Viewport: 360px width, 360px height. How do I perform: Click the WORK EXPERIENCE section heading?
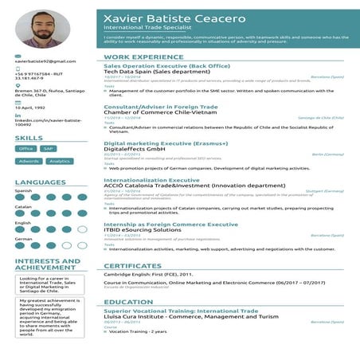(139, 58)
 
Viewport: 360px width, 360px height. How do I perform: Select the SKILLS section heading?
(29, 139)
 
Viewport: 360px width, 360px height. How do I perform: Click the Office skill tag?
(26, 148)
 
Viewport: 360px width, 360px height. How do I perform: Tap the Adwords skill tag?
(29, 161)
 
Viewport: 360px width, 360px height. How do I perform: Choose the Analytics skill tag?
(58, 161)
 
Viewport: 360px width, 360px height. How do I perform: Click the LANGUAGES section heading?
(40, 182)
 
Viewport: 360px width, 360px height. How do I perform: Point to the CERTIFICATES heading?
(132, 266)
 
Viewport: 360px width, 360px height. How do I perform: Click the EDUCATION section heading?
(128, 302)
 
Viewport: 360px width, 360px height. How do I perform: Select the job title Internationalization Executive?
(152, 181)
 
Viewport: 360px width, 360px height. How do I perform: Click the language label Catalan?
(23, 206)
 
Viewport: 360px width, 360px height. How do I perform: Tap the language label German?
(23, 238)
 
